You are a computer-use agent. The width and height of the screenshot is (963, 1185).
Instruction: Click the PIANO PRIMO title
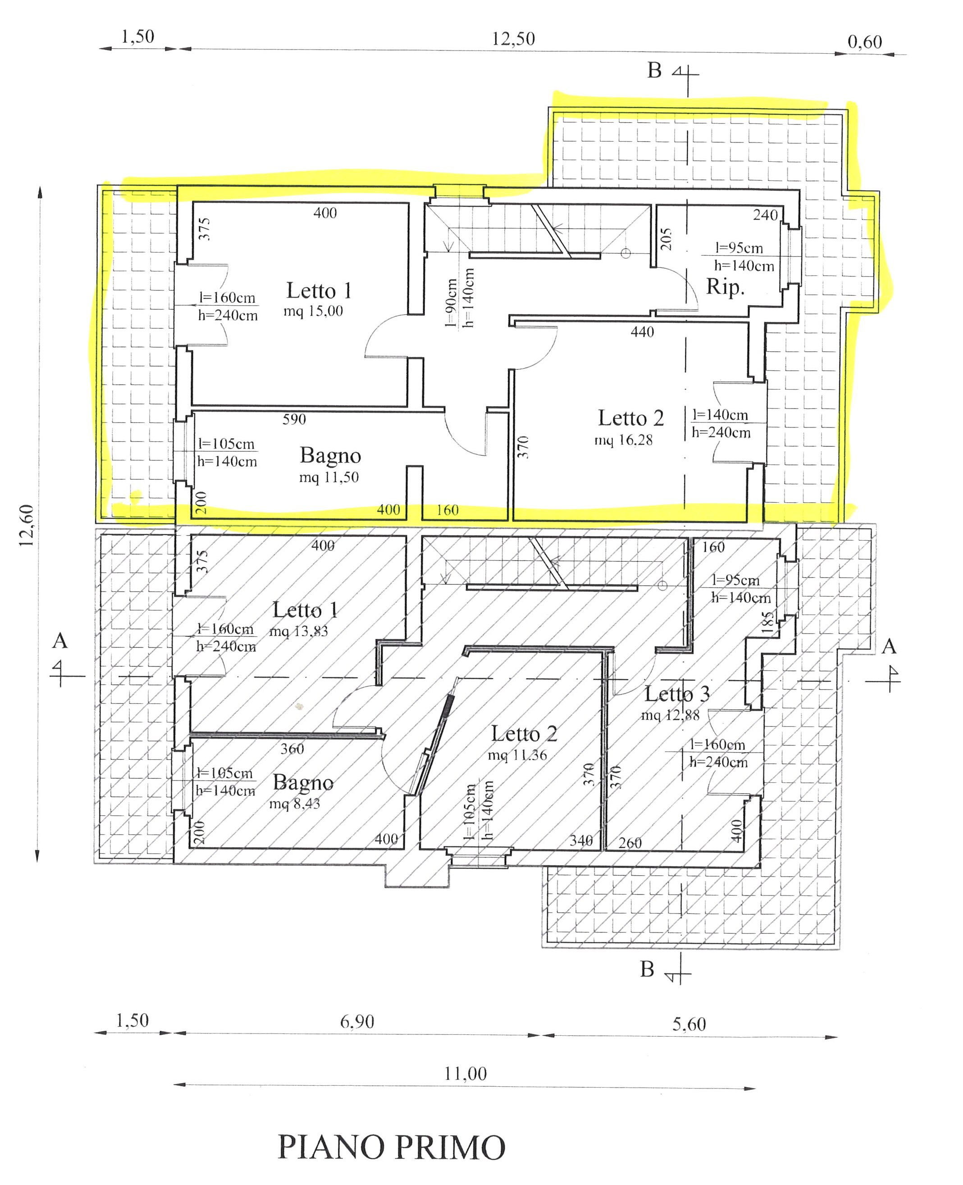[391, 1147]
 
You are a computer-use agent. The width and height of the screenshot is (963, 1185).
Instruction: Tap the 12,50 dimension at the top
[513, 39]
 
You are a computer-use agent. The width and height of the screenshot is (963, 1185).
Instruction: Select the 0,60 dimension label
[865, 41]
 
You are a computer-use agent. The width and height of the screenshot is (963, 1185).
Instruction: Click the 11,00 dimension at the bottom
[466, 1074]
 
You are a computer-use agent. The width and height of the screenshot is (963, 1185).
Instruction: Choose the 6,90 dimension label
[357, 1021]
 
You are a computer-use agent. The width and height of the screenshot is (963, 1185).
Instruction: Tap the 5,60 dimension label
[689, 1024]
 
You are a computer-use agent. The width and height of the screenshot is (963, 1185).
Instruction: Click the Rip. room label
[725, 287]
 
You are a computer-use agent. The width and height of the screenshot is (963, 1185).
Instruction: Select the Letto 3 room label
[677, 694]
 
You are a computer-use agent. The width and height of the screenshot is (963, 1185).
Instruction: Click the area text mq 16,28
[624, 440]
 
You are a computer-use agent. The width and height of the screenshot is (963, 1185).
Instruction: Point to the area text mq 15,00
[314, 311]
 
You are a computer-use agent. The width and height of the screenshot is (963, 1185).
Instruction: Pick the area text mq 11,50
[329, 478]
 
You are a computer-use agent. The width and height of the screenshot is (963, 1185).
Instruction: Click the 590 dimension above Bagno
[294, 419]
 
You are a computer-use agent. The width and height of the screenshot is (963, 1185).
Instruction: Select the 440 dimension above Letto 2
[642, 332]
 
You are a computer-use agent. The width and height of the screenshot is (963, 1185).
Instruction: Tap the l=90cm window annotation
[452, 303]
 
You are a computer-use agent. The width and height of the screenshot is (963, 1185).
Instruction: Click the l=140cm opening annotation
[720, 414]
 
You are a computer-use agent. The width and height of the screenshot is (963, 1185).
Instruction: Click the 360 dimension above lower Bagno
[292, 749]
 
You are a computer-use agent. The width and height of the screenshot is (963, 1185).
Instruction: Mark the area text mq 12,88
[671, 715]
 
